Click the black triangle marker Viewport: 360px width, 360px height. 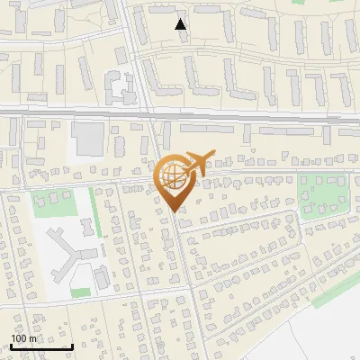click(181, 24)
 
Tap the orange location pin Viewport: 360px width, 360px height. click(174, 180)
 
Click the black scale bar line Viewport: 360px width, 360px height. click(41, 346)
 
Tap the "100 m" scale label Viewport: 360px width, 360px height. click(24, 338)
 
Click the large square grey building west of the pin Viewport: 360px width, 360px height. click(88, 139)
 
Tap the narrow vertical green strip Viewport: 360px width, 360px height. click(94, 211)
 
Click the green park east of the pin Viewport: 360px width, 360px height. click(320, 196)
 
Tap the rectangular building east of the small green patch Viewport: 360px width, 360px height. click(102, 275)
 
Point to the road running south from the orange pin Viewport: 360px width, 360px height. click(184, 270)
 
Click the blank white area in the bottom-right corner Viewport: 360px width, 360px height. click(333, 337)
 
